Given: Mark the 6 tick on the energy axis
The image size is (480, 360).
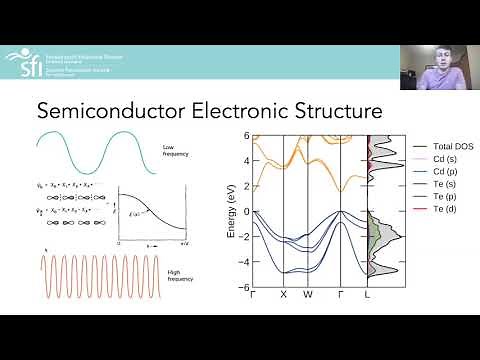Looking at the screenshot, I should [x=246, y=135].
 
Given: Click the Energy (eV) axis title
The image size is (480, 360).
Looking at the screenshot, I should [x=233, y=212].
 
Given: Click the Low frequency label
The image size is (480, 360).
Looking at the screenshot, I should [x=175, y=152].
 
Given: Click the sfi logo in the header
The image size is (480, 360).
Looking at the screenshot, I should [x=22, y=63].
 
